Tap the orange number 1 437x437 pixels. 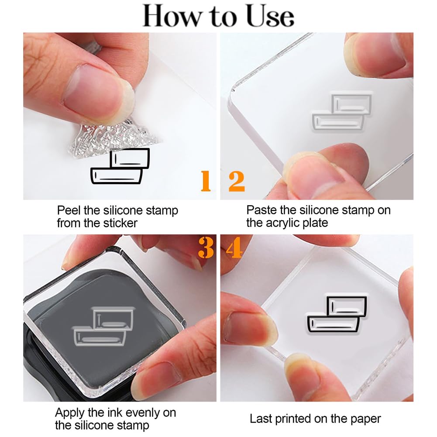[206, 181]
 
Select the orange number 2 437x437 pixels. [237, 181]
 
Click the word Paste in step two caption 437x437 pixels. [261, 210]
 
